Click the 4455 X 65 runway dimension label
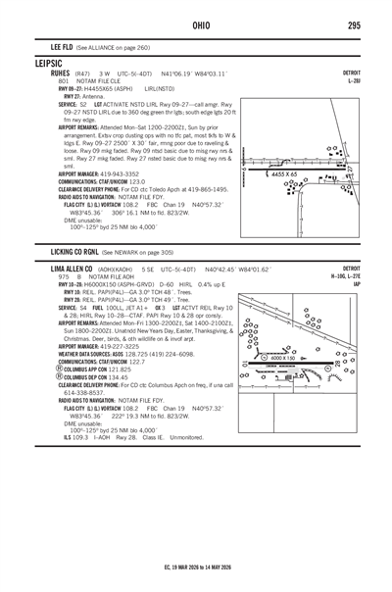pyautogui.click(x=287, y=173)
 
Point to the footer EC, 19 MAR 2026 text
pyautogui.click(x=195, y=566)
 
